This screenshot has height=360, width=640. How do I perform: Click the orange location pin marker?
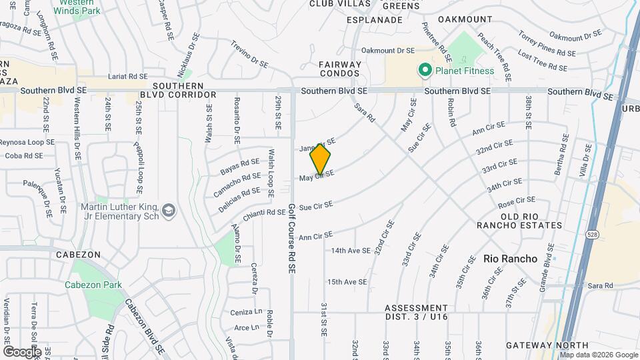[321, 159]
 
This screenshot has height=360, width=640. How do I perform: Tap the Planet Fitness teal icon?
[423, 70]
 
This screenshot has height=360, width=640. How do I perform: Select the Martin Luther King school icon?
[169, 211]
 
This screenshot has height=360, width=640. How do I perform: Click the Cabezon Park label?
[93, 285]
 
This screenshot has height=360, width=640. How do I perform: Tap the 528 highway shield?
[591, 234]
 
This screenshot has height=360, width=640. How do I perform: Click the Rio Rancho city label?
[510, 259]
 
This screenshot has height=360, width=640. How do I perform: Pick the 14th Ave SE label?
[351, 251]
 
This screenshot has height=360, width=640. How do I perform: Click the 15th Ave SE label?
[347, 282]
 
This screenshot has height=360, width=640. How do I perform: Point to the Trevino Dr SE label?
[249, 55]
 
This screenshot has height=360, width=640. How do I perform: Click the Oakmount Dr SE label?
[388, 51]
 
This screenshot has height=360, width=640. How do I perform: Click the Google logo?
[22, 351]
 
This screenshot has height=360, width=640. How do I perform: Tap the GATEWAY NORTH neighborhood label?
[547, 345]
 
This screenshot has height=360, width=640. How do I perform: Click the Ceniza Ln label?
[245, 312]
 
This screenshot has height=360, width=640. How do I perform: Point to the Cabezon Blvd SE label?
[144, 325]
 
